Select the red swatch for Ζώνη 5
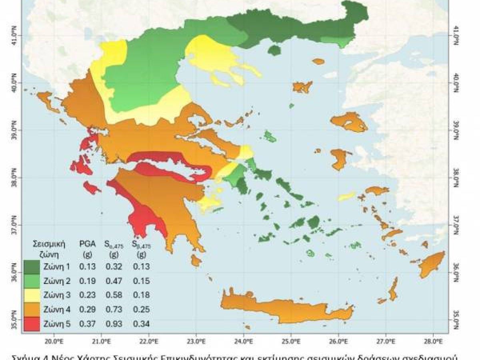[x=32, y=324]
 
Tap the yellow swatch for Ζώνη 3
[x=32, y=295]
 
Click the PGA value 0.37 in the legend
[x=87, y=324]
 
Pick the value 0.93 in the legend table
[x=114, y=324]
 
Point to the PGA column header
[x=87, y=244]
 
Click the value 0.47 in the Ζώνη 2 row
[x=114, y=281]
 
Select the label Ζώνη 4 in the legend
[x=58, y=309]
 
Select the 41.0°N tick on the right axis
[x=456, y=33]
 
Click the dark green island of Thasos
[x=274, y=50]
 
